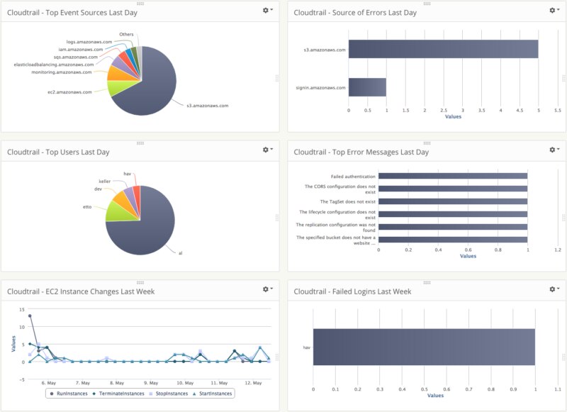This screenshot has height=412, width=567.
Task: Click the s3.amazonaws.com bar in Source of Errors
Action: click(443, 49)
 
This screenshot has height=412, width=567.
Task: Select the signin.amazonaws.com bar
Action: click(367, 87)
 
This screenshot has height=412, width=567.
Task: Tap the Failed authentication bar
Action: click(453, 176)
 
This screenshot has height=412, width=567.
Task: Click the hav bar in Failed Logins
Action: click(424, 348)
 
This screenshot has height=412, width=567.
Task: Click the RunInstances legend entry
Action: click(74, 394)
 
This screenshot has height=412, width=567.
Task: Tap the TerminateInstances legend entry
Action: click(120, 394)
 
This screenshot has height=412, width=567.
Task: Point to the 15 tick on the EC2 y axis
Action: click(22, 309)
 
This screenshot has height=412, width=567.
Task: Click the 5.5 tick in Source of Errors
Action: click(557, 111)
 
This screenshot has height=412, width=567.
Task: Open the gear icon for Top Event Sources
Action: click(267, 11)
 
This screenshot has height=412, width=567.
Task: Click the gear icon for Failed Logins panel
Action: click(554, 289)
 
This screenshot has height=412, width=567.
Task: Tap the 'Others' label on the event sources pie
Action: click(126, 34)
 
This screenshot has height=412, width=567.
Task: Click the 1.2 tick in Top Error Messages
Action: click(557, 250)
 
